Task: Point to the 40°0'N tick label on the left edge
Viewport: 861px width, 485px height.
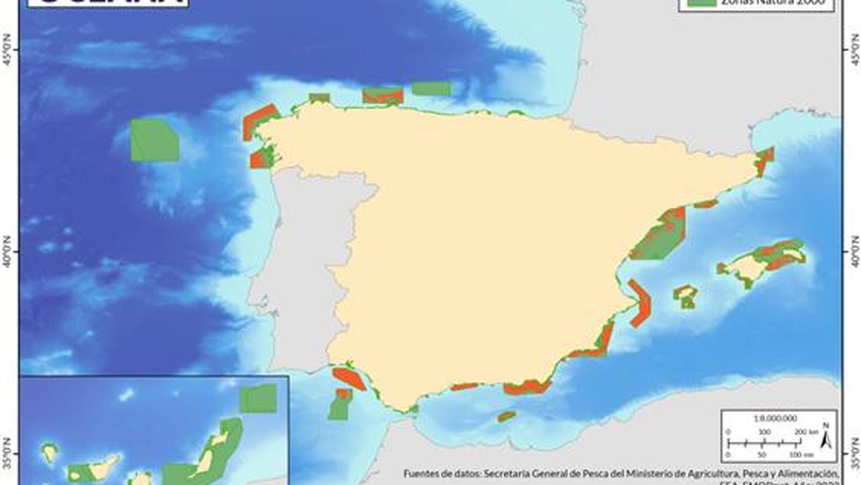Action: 8,251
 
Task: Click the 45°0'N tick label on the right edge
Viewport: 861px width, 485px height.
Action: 855,50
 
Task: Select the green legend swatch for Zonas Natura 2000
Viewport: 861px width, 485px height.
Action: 702,3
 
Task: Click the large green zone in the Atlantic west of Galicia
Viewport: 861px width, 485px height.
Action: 155,140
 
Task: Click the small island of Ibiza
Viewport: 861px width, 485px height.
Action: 686,295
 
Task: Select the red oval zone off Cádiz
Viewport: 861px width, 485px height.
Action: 349,378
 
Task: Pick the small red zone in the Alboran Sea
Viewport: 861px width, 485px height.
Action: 506,416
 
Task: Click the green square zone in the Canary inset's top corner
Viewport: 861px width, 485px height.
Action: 258,399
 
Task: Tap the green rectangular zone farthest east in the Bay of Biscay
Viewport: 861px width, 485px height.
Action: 432,88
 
